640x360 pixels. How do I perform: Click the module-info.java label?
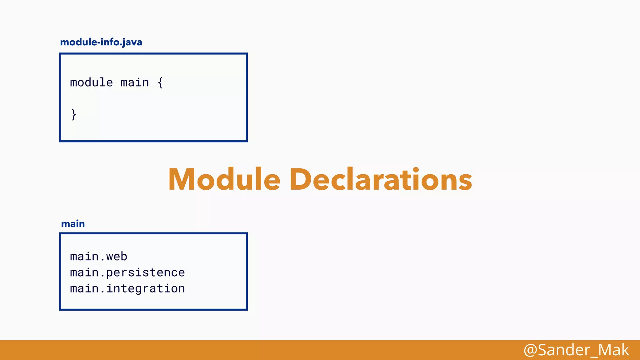point(101,42)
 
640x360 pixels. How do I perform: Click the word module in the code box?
point(91,82)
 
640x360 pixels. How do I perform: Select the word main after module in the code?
point(135,82)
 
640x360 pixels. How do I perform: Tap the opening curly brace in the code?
point(160,82)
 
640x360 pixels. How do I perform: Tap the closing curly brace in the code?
point(74,114)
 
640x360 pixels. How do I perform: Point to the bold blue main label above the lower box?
point(73,224)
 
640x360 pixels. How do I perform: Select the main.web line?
point(98,257)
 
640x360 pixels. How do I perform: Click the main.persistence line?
point(127,272)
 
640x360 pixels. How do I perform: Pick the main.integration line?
point(127,288)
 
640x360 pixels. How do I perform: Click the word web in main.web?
point(117,257)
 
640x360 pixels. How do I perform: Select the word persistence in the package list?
point(145,272)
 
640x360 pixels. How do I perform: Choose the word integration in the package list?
point(145,288)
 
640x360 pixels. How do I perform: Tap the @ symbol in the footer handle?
point(530,350)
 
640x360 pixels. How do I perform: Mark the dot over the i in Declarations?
point(416,170)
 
